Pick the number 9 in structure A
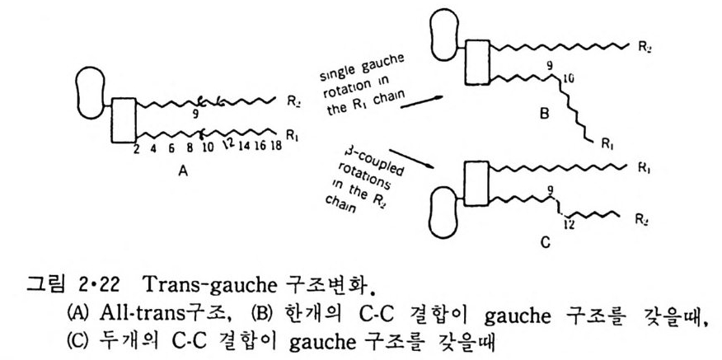click(x=195, y=117)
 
